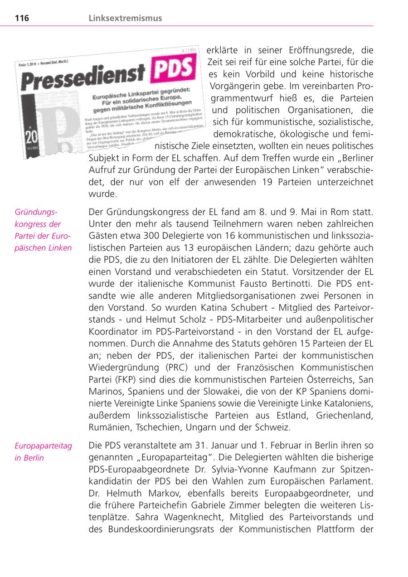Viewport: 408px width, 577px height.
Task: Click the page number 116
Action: (22, 18)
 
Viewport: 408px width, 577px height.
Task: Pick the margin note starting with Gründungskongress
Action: (43, 230)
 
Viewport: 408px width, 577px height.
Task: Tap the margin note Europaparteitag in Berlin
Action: (43, 452)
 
